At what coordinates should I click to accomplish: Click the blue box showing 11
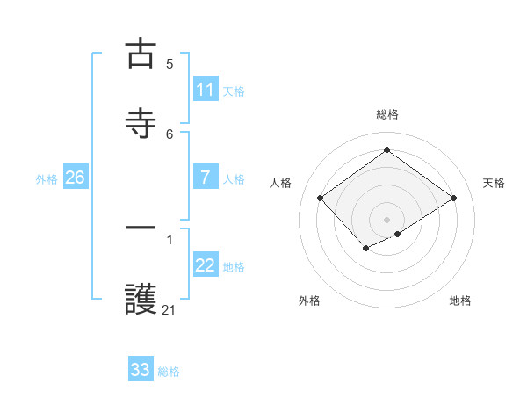tap(205, 90)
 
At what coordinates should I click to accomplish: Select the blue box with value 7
tap(205, 178)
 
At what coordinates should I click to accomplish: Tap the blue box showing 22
tap(205, 265)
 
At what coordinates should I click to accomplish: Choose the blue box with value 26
tap(75, 178)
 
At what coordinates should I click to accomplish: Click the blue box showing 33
tap(141, 370)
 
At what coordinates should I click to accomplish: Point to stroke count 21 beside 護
tap(170, 309)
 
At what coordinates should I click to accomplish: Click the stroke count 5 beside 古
tap(170, 63)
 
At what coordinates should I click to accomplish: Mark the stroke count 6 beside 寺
tap(170, 134)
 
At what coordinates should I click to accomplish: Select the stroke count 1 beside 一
tap(170, 238)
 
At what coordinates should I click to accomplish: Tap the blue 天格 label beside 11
tap(234, 91)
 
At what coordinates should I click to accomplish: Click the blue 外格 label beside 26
tap(47, 178)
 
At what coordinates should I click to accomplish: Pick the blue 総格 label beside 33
tap(169, 371)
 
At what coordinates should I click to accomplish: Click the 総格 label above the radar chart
tap(386, 114)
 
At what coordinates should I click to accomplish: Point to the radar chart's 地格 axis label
tap(460, 301)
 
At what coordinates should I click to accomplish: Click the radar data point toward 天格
tap(453, 199)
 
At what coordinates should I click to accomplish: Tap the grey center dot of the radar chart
tap(386, 219)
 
